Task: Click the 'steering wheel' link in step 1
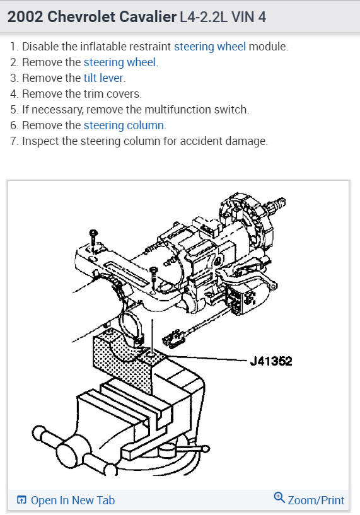pyautogui.click(x=209, y=47)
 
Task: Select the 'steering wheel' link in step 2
pyautogui.click(x=120, y=62)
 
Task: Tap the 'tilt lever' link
pyautogui.click(x=103, y=78)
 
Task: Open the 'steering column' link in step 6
pyautogui.click(x=124, y=125)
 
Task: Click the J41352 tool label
pyautogui.click(x=271, y=361)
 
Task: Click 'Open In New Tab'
pyautogui.click(x=73, y=501)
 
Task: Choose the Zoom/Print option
pyautogui.click(x=316, y=501)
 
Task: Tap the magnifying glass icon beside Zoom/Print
pyautogui.click(x=279, y=497)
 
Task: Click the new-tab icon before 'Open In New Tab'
pyautogui.click(x=21, y=500)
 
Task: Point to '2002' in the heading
pyautogui.click(x=25, y=17)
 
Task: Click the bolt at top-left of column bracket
pyautogui.click(x=93, y=240)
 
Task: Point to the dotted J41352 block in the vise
pyautogui.click(x=123, y=361)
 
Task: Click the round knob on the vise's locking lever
pyautogui.click(x=206, y=449)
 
